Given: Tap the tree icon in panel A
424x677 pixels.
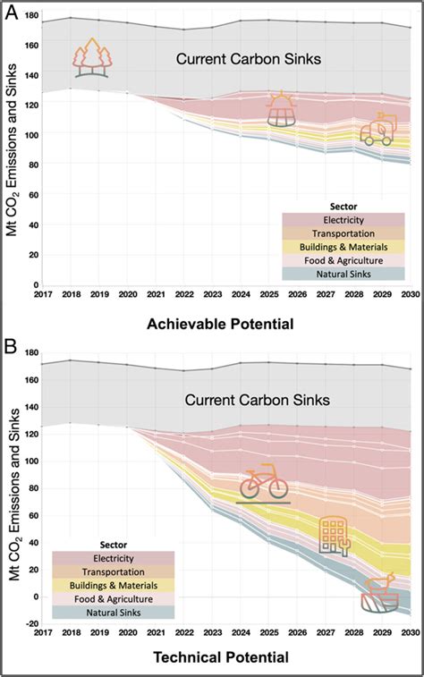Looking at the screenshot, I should pos(94,59).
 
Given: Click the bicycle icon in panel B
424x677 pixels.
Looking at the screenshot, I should pos(263,484).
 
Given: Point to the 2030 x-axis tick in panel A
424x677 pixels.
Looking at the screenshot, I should pos(409,292).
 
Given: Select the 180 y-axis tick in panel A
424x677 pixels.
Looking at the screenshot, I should pos(30,15).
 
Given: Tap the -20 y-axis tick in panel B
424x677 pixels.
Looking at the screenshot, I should pos(30,623).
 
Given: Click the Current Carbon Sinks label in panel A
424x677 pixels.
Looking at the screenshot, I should pos(235,61).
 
